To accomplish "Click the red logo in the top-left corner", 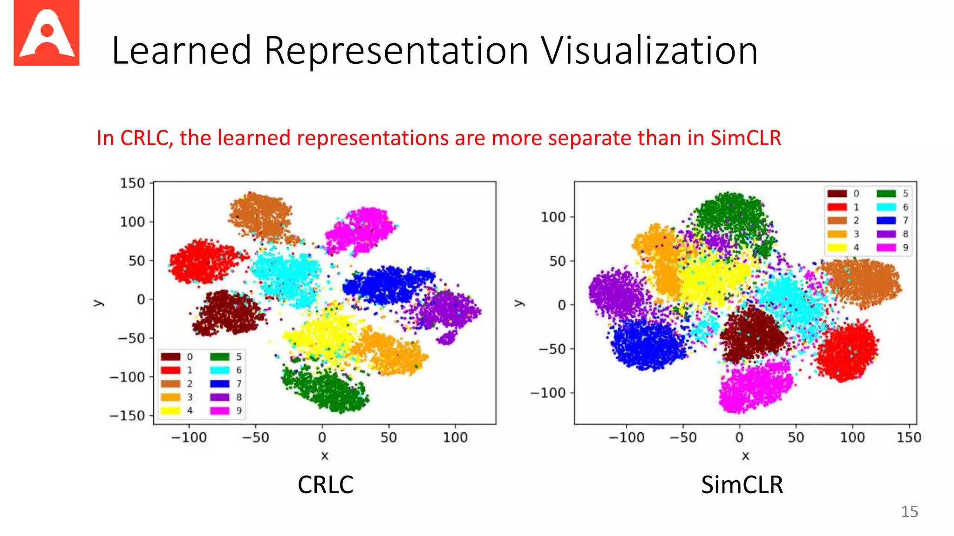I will [47, 33].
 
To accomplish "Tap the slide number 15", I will [909, 512].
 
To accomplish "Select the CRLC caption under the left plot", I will [325, 485].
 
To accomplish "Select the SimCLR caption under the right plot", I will [742, 485].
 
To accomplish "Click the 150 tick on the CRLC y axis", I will [132, 183].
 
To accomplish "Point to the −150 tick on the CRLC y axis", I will [127, 415].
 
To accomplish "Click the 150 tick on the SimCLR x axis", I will [909, 437].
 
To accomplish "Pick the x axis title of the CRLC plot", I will [325, 456].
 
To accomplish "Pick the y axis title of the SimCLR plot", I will [518, 303].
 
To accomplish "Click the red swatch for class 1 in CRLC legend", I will [170, 370].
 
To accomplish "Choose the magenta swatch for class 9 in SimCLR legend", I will [886, 248].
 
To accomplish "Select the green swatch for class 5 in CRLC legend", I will [219, 357].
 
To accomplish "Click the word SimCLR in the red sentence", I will [745, 138].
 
